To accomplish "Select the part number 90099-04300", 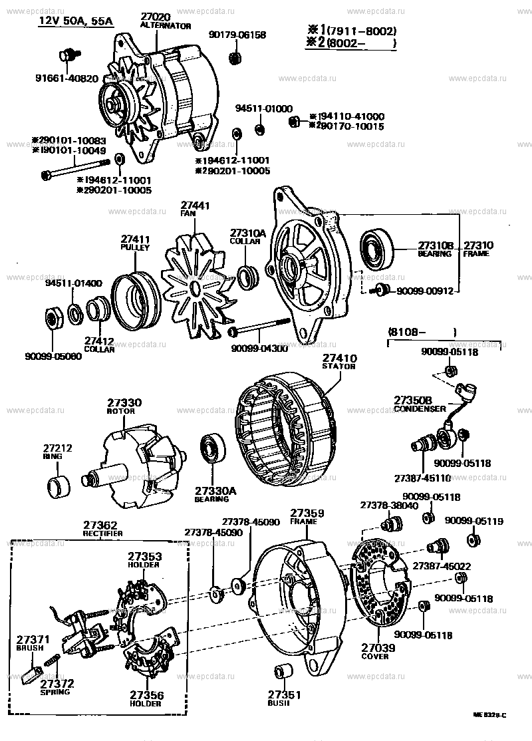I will [x=259, y=349].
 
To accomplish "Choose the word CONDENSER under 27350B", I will [x=420, y=409].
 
